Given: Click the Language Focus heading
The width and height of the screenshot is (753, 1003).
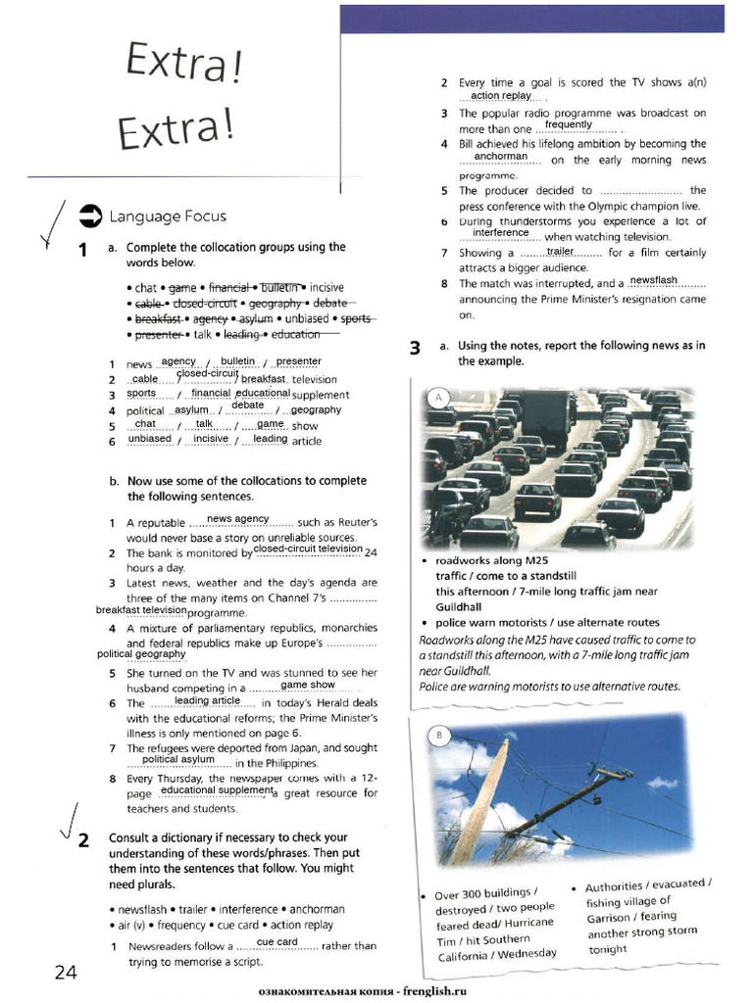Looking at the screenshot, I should click(x=168, y=216).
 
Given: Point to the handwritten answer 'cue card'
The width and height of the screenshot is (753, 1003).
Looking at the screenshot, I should click(x=276, y=941).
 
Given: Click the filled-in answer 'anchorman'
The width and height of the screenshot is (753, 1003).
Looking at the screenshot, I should click(x=500, y=156).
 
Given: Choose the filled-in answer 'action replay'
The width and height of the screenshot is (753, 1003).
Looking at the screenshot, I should click(x=500, y=96).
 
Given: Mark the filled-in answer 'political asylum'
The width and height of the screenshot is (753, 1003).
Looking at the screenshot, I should click(x=177, y=758).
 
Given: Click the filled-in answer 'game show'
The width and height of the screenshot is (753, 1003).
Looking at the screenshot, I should click(x=308, y=685).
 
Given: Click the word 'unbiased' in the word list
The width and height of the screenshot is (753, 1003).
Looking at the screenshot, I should click(x=309, y=318).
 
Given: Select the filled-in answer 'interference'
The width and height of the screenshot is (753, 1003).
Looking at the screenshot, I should click(x=500, y=232).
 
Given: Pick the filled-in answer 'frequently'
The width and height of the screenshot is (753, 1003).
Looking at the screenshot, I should click(x=569, y=124).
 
